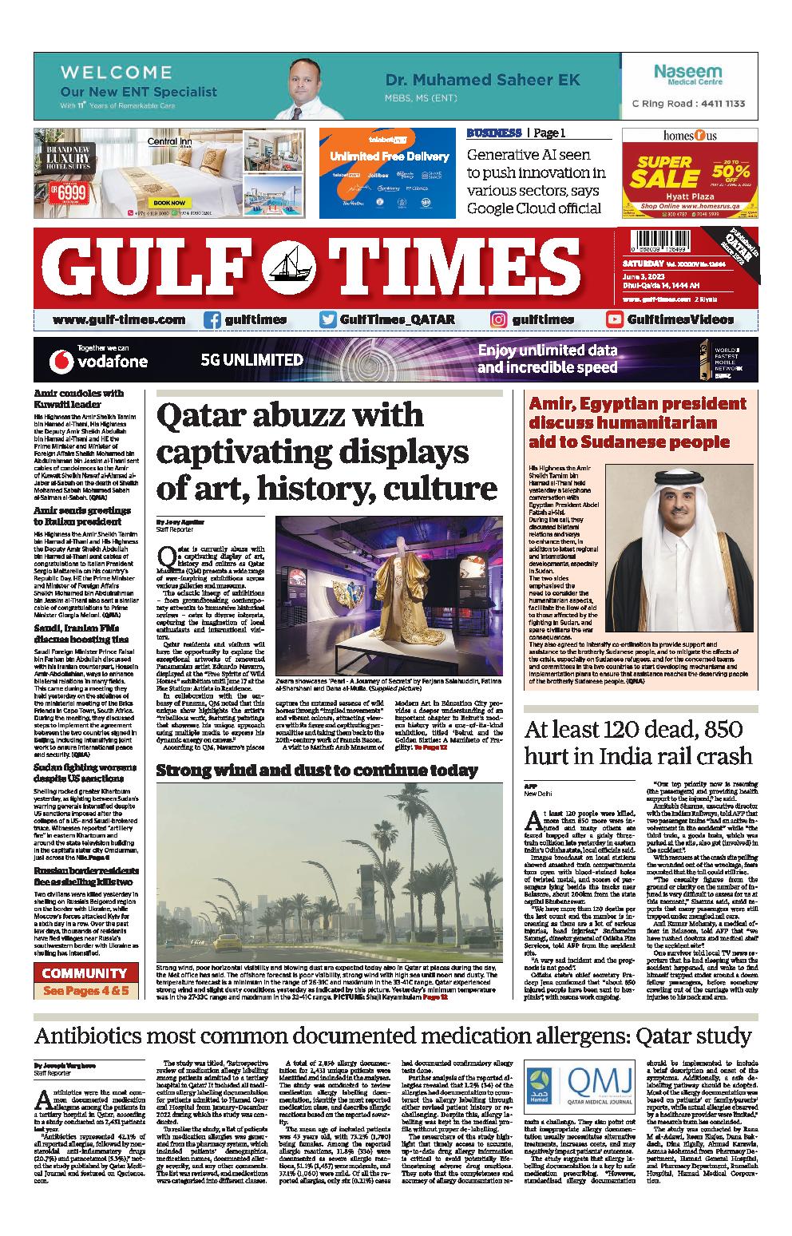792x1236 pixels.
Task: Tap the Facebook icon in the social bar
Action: coord(212,319)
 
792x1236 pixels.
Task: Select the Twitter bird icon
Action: coord(328,319)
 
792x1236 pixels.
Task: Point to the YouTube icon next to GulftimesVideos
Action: coord(615,319)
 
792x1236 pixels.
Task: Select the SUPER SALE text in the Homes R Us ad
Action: coord(663,172)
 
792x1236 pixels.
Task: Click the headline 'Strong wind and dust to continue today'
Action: coord(317,771)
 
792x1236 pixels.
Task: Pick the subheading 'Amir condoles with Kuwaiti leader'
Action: coord(79,398)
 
